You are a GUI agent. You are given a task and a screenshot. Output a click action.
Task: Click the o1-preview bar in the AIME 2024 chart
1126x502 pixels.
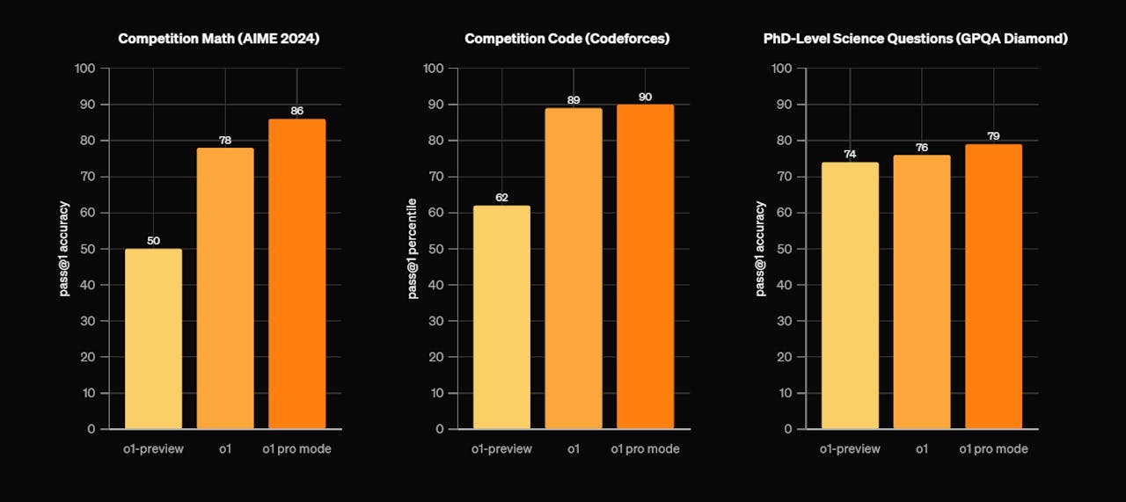coord(153,338)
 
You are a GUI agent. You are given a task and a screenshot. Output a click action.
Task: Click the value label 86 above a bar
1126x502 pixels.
coord(296,112)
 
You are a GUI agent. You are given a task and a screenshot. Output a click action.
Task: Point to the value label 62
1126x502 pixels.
coord(501,198)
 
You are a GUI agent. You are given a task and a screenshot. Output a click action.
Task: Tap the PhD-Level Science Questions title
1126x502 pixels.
coord(915,39)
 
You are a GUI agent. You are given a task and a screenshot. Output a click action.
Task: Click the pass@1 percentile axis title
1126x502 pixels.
coord(412,248)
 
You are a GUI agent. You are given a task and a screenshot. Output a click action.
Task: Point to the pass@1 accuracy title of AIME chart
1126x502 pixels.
coord(64,248)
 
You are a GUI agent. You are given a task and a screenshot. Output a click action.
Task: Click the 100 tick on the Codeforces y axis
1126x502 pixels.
coord(434,69)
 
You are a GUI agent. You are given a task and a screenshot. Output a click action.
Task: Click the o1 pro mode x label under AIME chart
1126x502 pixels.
coord(296,449)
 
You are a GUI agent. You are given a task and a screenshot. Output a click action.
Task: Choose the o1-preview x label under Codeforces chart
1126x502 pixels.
coord(501,449)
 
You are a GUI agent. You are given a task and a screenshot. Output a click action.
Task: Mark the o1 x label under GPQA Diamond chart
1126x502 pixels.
coord(922,449)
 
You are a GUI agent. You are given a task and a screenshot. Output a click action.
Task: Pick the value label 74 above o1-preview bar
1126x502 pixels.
coord(850,155)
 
